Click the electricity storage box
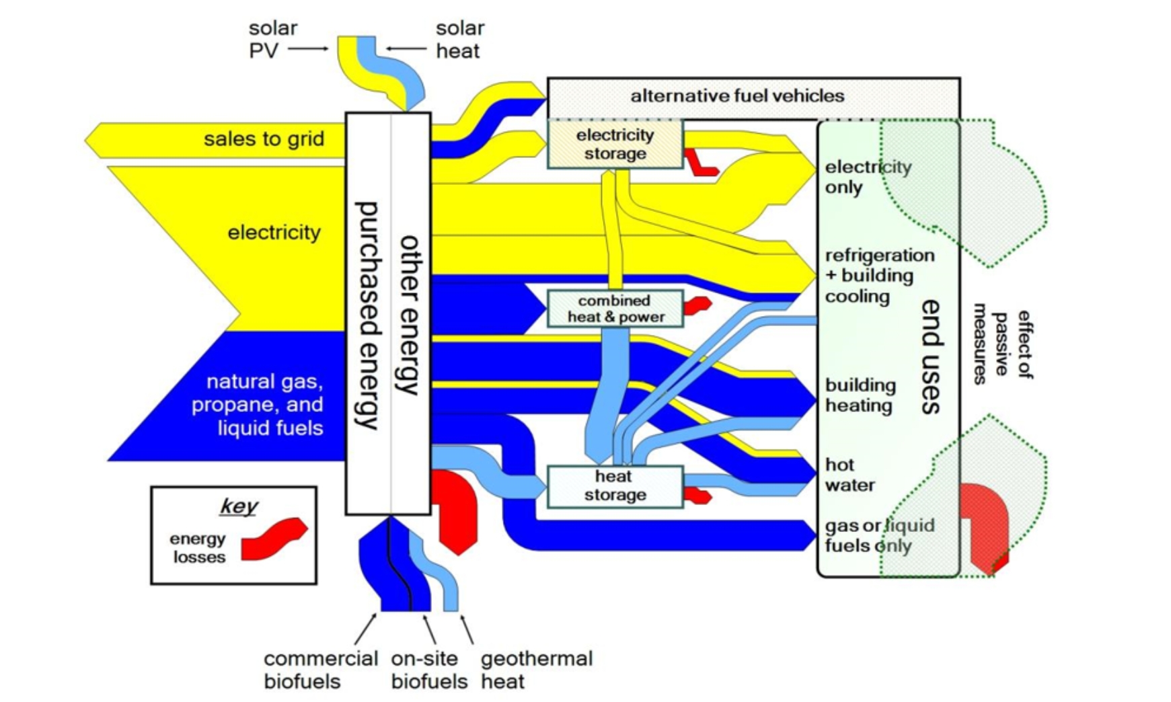pyautogui.click(x=615, y=144)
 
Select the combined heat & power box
pyautogui.click(x=615, y=309)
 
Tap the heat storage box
pyautogui.click(x=615, y=485)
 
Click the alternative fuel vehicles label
pyautogui.click(x=737, y=95)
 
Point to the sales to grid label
pyautogui.click(x=264, y=139)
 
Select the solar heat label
pyautogui.click(x=459, y=39)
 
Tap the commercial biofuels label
pyautogui.click(x=320, y=670)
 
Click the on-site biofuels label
pyautogui.click(x=428, y=670)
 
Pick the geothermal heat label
pyautogui.click(x=536, y=670)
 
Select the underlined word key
pyautogui.click(x=239, y=506)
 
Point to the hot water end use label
pyautogui.click(x=849, y=475)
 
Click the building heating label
pyautogui.click(x=860, y=395)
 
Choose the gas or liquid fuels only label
pyautogui.click(x=879, y=535)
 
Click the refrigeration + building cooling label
pyautogui.click(x=879, y=276)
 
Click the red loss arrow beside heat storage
pyautogui.click(x=697, y=497)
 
